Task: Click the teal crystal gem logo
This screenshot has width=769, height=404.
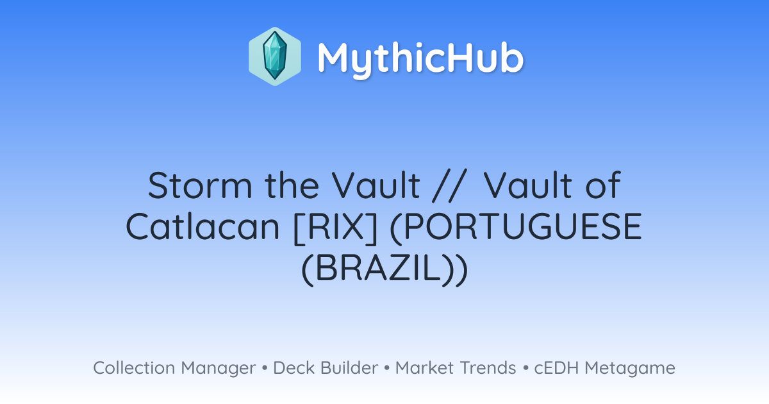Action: (275, 56)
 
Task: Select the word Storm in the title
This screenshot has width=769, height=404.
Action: (201, 185)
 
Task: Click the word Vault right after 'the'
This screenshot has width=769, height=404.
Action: (376, 185)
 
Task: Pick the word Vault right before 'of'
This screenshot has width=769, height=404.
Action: (527, 185)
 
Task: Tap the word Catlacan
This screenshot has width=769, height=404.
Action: (203, 226)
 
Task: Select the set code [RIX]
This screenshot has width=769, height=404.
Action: (336, 228)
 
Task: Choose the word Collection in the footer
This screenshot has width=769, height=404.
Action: (134, 367)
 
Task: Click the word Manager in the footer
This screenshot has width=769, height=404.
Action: (219, 369)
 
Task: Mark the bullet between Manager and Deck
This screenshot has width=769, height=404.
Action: (265, 368)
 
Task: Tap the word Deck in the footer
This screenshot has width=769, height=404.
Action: (294, 367)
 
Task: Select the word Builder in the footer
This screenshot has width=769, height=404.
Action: (349, 367)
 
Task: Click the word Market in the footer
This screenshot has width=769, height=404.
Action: (424, 367)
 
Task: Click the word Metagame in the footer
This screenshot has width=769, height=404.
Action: (630, 369)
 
